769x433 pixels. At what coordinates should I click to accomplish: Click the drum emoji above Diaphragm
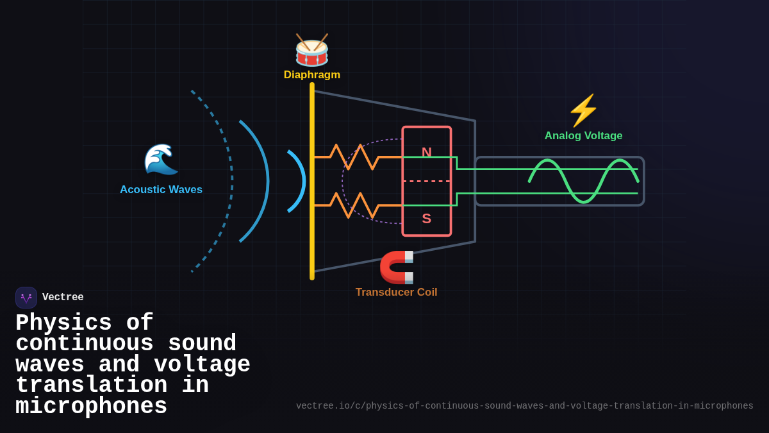coord(311,50)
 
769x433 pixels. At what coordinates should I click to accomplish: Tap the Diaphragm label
coord(311,75)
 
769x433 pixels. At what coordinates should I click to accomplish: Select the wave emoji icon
coord(161,159)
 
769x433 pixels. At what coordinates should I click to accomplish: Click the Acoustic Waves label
coord(161,190)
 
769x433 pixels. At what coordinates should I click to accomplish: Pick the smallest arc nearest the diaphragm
coord(302,181)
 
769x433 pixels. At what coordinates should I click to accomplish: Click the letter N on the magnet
coord(427,153)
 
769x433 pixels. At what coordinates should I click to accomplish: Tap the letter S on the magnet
coord(427,219)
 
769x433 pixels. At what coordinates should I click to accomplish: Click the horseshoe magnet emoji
coord(397,267)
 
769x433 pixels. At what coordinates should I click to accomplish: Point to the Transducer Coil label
coord(396,293)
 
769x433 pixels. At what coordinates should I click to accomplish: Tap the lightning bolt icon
coord(583,110)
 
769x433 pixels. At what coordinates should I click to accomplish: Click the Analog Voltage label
coord(583,136)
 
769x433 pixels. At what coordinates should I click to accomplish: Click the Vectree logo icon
coord(26,298)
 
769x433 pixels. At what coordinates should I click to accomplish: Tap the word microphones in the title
coord(91,407)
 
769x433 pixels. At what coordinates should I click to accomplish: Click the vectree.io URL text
coord(524,406)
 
